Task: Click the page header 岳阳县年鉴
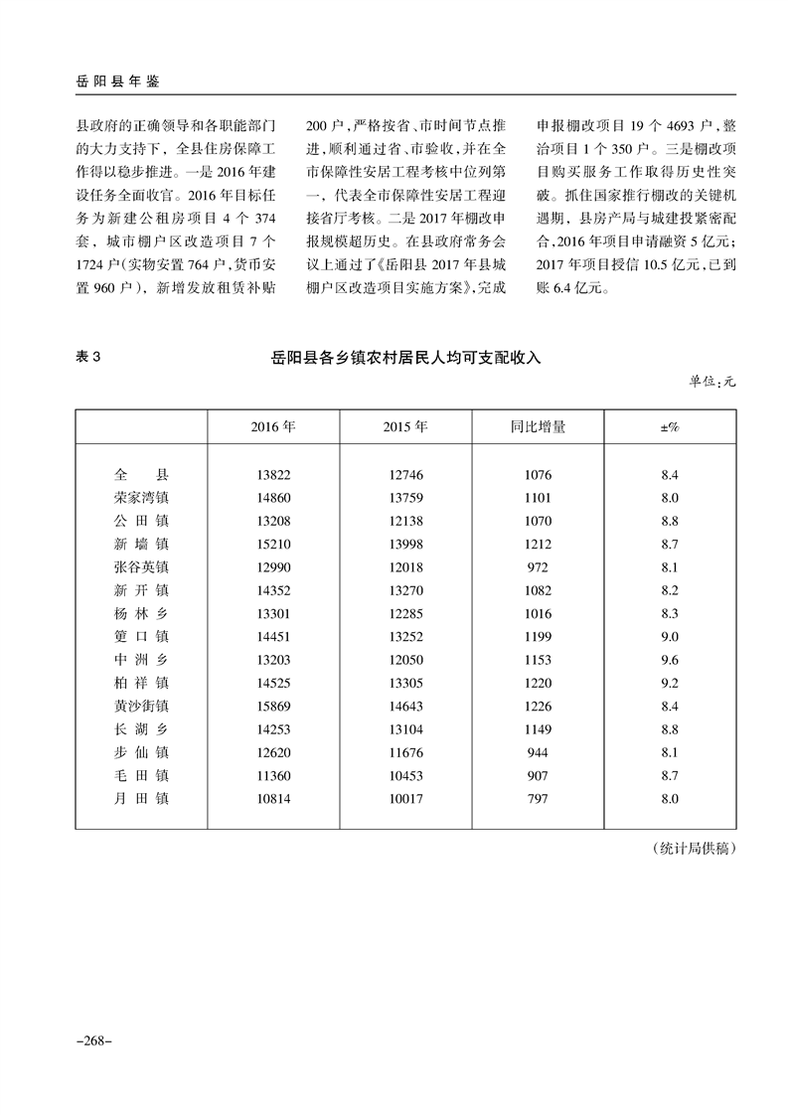pyautogui.click(x=117, y=80)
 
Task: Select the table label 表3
pyautogui.click(x=89, y=359)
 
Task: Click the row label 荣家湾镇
pyautogui.click(x=142, y=496)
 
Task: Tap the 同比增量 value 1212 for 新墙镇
pyautogui.click(x=538, y=543)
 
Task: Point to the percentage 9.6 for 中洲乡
pyautogui.click(x=669, y=660)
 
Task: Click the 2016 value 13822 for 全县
pyautogui.click(x=273, y=474)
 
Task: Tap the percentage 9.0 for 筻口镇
pyautogui.click(x=669, y=636)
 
